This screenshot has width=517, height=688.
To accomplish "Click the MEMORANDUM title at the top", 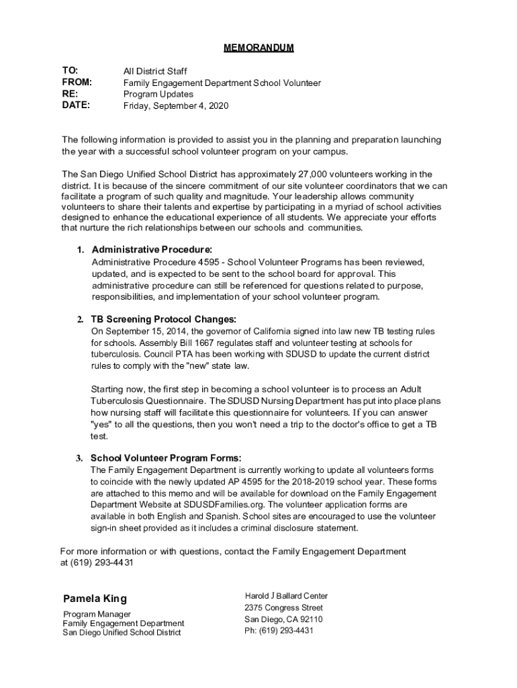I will coord(258,48).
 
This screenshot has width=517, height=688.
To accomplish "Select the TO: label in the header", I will coord(70,71).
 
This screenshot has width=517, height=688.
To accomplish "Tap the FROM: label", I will coord(77,83).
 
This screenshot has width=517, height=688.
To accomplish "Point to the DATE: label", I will coord(76,105).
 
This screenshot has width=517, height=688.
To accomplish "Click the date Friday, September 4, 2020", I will coord(177,106).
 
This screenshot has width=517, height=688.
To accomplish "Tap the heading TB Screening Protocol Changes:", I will coord(163,319).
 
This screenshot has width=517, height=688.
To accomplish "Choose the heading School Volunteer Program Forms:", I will coord(165,458).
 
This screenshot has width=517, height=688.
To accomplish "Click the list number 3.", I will coord(79,458).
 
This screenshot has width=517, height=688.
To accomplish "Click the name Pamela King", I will coord(95,599).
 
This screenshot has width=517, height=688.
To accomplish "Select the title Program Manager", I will coord(97,614).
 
